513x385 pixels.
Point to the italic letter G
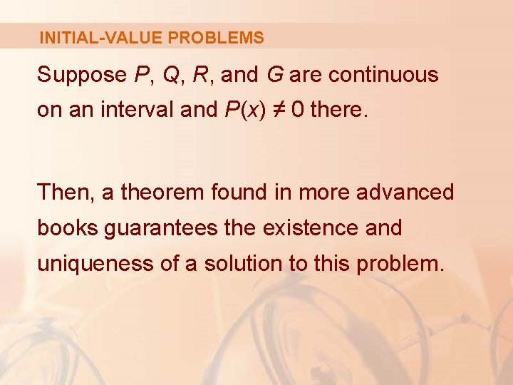274,75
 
